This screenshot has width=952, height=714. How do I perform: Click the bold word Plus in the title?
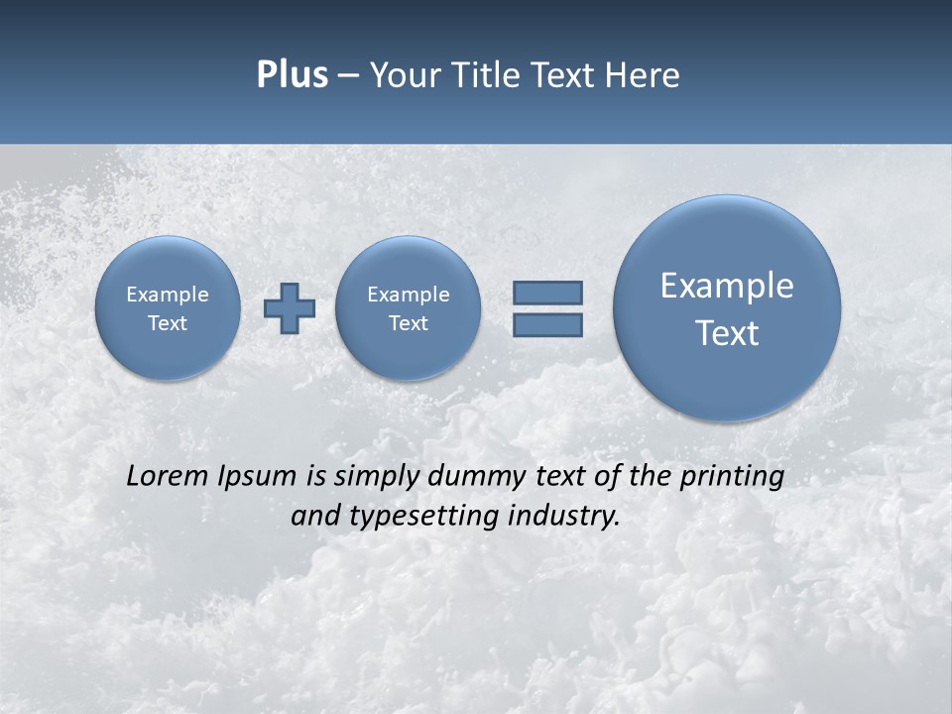292,75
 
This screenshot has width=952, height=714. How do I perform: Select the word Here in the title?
643,75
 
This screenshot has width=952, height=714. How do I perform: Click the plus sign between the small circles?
290,308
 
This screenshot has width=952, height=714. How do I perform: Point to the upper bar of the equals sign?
547,293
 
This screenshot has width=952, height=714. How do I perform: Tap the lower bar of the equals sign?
547,324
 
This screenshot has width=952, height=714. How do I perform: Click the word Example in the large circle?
727,286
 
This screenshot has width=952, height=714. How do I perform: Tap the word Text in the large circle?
727,333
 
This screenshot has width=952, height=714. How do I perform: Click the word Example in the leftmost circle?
168,295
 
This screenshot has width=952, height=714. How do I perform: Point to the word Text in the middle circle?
408,323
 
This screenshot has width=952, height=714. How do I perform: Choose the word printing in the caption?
732,477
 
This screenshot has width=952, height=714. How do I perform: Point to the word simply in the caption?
375,477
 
